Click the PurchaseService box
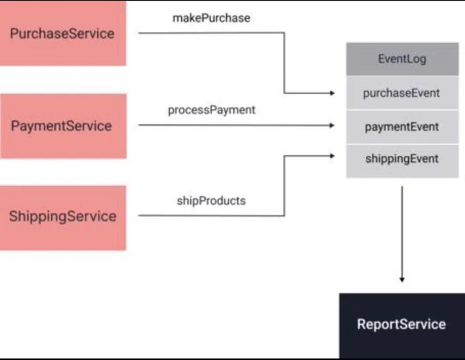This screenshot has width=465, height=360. (x=63, y=33)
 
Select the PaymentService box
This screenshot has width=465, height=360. (x=64, y=126)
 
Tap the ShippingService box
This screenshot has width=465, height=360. (x=63, y=218)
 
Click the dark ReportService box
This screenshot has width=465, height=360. (x=402, y=326)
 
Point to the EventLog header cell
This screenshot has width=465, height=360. (x=402, y=59)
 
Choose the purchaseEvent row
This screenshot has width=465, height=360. (x=402, y=93)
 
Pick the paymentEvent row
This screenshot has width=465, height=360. (x=402, y=127)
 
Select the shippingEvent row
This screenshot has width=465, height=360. (x=402, y=161)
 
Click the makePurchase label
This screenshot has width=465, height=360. (x=211, y=18)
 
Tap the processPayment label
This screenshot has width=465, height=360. (x=211, y=110)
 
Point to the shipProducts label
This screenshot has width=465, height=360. (x=211, y=201)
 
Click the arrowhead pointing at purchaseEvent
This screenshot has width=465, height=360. (x=332, y=93)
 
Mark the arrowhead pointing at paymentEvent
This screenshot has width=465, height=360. (x=332, y=125)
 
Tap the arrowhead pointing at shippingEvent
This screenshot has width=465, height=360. (x=332, y=156)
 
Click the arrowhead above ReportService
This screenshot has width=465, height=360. (x=402, y=279)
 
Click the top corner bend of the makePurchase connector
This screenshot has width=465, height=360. (x=284, y=33)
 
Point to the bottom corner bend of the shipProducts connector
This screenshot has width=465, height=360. (x=284, y=216)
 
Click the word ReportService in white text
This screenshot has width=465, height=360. (x=401, y=324)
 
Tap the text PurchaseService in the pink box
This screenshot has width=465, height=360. (x=62, y=33)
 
